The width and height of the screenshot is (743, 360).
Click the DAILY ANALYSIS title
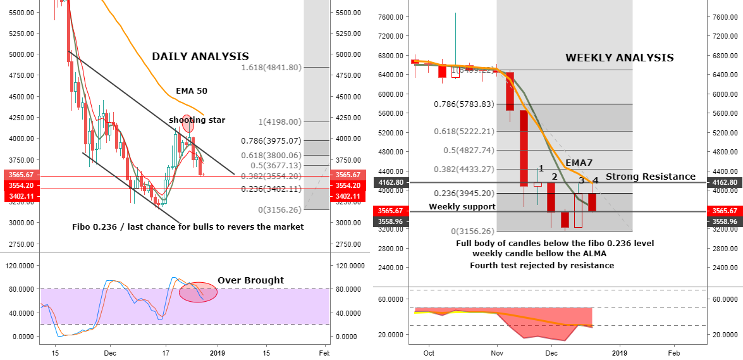pyautogui.click(x=200, y=56)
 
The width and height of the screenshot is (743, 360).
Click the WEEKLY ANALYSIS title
pyautogui.click(x=619, y=58)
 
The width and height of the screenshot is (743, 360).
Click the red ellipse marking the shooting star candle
pyautogui.click(x=188, y=123)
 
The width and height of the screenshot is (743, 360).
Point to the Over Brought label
pyautogui.click(x=250, y=280)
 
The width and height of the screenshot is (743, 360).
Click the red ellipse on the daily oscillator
pyautogui.click(x=198, y=292)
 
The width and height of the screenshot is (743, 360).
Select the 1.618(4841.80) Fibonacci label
pyautogui.click(x=271, y=66)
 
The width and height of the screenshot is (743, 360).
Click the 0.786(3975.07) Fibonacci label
pyautogui.click(x=271, y=140)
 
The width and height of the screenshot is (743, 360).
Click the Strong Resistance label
pyautogui.click(x=650, y=177)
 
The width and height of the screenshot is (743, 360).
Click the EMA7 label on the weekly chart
pyautogui.click(x=579, y=163)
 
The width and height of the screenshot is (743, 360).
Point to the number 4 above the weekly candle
pyautogui.click(x=596, y=180)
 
